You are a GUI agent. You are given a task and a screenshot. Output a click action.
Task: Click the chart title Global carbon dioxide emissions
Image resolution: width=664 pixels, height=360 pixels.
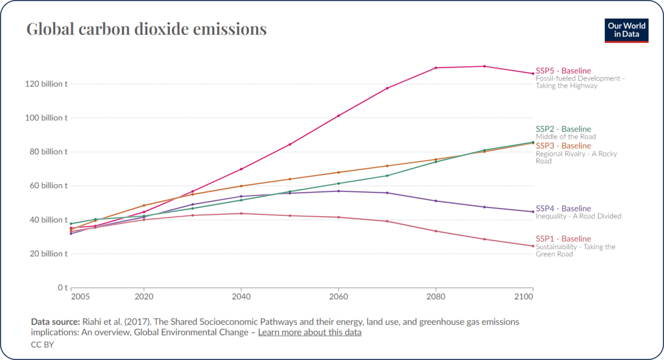146,29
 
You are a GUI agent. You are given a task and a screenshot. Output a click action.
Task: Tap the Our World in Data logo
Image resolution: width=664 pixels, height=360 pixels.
626,30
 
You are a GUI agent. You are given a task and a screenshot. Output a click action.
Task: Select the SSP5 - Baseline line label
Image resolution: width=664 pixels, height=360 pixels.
563,70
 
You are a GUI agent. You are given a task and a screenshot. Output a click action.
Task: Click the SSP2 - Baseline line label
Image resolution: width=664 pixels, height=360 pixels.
563,129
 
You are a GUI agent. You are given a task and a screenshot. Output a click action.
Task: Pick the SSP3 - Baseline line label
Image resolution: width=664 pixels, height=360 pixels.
563,146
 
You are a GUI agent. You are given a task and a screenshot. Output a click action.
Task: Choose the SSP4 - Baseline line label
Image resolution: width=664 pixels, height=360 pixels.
563,208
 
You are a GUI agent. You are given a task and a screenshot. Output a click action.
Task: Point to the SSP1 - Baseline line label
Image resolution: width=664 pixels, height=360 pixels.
563,239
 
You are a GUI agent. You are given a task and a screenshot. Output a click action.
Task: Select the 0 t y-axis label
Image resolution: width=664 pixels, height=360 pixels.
62,287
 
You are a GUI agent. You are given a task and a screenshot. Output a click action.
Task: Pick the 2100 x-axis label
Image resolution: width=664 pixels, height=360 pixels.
523,296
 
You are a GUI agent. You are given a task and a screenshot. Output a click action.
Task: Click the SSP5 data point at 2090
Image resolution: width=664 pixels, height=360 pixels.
484,66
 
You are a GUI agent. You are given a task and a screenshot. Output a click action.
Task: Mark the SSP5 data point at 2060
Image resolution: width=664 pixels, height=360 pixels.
338,115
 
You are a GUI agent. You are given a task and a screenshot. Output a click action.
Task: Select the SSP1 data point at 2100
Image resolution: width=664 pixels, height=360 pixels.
532,246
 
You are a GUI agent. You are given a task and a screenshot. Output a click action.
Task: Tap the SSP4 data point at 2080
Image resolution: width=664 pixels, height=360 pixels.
436,200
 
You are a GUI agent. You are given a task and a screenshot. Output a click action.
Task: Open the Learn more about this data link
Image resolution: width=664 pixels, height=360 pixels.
309,332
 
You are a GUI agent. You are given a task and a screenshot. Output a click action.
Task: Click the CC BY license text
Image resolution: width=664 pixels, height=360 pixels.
41,344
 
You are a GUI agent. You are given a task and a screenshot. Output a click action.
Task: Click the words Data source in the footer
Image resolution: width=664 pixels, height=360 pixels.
54,322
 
